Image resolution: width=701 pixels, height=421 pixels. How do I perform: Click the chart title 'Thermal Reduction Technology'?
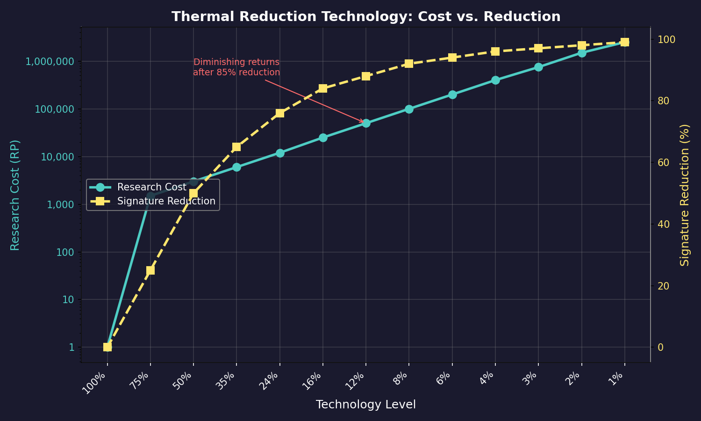(365, 17)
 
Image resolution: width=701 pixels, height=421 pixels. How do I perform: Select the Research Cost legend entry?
(151, 187)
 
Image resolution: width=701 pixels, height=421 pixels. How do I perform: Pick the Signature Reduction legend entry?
(166, 201)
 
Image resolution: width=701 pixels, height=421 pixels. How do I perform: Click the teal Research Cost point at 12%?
(366, 123)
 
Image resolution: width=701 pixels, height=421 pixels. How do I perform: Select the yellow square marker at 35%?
(236, 147)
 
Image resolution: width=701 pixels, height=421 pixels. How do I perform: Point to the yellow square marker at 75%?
(150, 270)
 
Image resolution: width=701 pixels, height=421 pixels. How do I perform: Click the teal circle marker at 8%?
(409, 109)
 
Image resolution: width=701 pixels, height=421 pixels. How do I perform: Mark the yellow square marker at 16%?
(323, 88)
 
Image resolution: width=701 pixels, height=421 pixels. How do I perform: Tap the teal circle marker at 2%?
(582, 53)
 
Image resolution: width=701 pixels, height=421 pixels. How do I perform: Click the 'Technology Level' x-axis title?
(365, 405)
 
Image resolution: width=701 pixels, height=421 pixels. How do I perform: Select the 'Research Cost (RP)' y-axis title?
(15, 195)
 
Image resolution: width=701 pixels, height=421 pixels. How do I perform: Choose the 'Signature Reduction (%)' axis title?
(685, 195)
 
